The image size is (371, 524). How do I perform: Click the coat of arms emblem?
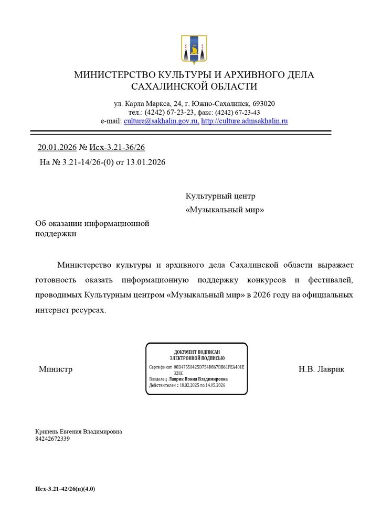(194, 49)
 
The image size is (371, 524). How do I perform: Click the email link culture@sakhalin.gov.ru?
(161, 121)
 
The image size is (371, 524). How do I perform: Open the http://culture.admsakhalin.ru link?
(245, 121)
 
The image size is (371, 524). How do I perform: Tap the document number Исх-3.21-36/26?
(116, 147)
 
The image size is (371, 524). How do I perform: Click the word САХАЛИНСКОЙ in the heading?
(165, 86)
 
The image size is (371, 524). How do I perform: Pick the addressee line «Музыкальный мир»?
(225, 210)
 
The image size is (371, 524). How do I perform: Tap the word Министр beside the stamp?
(56, 369)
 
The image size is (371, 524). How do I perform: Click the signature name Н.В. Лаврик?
(321, 369)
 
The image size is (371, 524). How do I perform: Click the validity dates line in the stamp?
(187, 385)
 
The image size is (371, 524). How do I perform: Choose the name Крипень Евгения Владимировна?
(79, 431)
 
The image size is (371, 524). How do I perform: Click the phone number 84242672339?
(52, 439)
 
